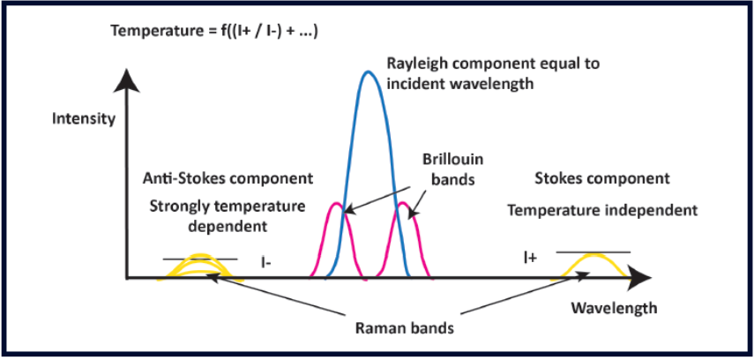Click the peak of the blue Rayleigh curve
369,72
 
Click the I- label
264,263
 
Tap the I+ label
530,259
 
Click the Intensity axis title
84,118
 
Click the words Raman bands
404,329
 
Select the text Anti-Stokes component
228,179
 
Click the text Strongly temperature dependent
228,216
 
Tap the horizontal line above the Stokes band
593,251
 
